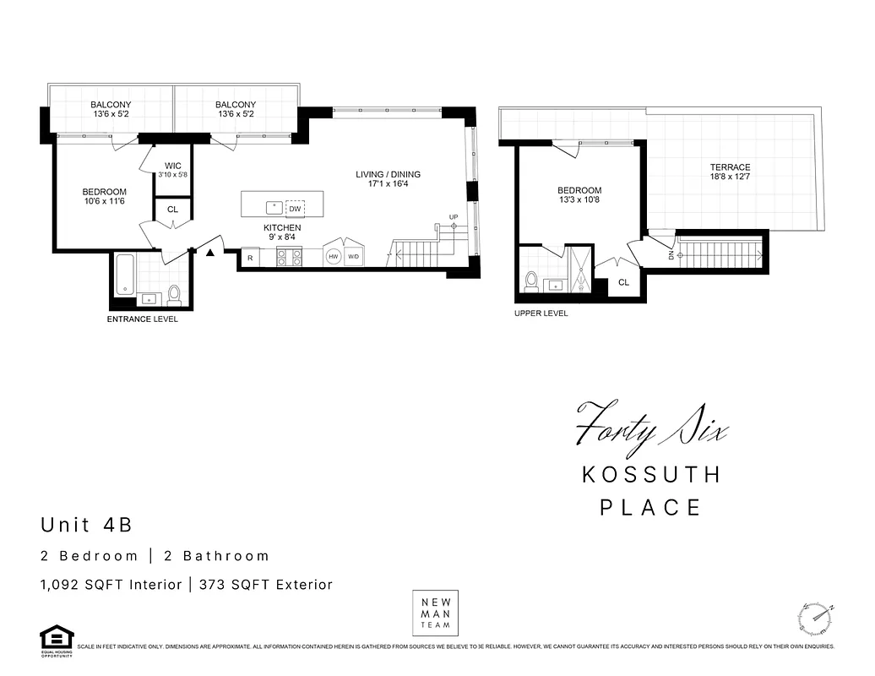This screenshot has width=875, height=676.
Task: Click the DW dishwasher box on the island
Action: point(295,208)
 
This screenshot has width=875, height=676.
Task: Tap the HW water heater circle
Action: point(334,257)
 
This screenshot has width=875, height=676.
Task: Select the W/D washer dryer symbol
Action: point(354,257)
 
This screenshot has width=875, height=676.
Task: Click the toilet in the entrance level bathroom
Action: point(175,294)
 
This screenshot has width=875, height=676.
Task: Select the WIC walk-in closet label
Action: point(173,166)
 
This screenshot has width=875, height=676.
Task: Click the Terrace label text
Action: point(730,167)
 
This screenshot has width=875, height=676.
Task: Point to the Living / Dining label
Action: point(388,175)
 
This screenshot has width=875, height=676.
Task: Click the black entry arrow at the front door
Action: point(209,251)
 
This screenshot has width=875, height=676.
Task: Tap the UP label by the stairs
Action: point(454,217)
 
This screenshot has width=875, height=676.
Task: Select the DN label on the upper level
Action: point(671,256)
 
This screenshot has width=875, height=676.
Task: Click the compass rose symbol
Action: point(816,619)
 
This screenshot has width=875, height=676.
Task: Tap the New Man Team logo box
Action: point(437,613)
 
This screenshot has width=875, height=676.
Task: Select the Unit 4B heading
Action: point(87,525)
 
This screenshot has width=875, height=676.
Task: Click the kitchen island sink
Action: point(273,206)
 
